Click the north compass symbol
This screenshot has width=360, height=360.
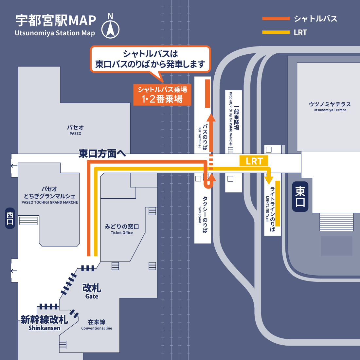pyautogui.click(x=110, y=29)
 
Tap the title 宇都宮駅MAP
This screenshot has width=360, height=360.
pyautogui.click(x=56, y=21)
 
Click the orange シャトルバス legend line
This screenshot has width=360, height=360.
pyautogui.click(x=276, y=19)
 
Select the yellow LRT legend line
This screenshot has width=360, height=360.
pyautogui.click(x=276, y=32)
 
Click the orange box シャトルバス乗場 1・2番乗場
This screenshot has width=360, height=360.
pyautogui.click(x=162, y=95)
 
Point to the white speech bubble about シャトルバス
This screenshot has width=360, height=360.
pyautogui.click(x=150, y=59)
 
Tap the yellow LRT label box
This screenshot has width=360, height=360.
pyautogui.click(x=254, y=161)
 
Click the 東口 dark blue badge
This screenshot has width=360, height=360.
pyautogui.click(x=300, y=196)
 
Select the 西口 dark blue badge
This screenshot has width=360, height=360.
pyautogui.click(x=10, y=218)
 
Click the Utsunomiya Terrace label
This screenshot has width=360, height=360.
pyautogui.click(x=330, y=110)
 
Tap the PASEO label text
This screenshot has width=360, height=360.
pyautogui.click(x=75, y=134)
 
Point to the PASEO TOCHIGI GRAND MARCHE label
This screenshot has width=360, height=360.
pyautogui.click(x=50, y=202)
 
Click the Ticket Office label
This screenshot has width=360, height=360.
pyautogui.click(x=122, y=233)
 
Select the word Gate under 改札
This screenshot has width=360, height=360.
pyautogui.click(x=92, y=297)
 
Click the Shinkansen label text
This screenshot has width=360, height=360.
pyautogui.click(x=44, y=328)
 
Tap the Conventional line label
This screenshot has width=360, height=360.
pyautogui.click(x=97, y=328)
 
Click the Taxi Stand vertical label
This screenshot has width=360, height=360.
pyautogui.click(x=200, y=215)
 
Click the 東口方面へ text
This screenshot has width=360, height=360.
pyautogui.click(x=102, y=153)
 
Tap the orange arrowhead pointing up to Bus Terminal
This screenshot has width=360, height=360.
pyautogui.click(x=211, y=117)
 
